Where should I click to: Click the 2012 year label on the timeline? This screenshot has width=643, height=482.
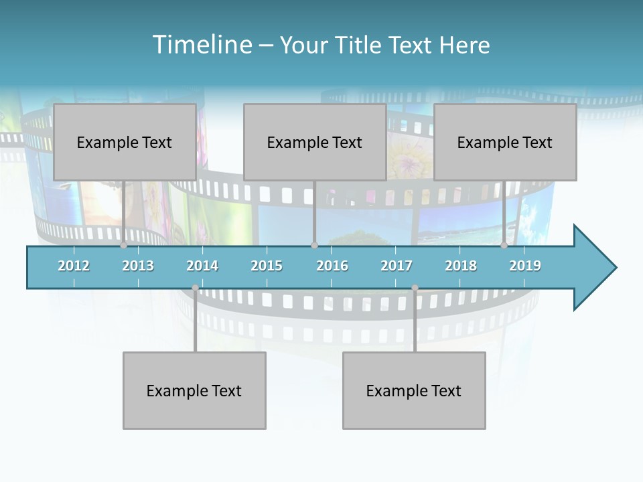click(74, 266)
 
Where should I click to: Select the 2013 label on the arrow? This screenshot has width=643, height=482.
click(138, 266)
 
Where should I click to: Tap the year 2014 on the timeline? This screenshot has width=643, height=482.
click(202, 266)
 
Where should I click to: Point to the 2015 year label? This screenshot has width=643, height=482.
click(267, 266)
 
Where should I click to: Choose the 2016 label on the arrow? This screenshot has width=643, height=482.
click(332, 266)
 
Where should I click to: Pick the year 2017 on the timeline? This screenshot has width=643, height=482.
click(397, 266)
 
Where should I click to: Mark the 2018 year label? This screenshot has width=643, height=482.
click(461, 266)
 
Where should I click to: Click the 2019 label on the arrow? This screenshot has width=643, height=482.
click(525, 266)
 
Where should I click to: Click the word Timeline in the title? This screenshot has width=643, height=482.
click(200, 45)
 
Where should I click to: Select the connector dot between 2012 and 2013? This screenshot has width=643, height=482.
click(123, 246)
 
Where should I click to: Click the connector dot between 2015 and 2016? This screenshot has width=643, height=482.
click(314, 246)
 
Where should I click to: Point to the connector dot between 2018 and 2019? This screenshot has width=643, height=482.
click(504, 246)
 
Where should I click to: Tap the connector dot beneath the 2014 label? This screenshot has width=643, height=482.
click(195, 288)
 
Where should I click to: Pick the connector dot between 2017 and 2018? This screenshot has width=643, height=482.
click(415, 288)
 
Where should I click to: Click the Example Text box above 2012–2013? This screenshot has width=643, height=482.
click(125, 142)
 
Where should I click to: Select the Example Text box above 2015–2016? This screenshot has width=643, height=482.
click(315, 142)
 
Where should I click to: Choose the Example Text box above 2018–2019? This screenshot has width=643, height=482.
click(505, 142)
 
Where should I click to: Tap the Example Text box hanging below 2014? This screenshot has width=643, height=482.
click(194, 390)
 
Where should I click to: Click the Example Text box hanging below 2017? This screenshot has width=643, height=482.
click(414, 390)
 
